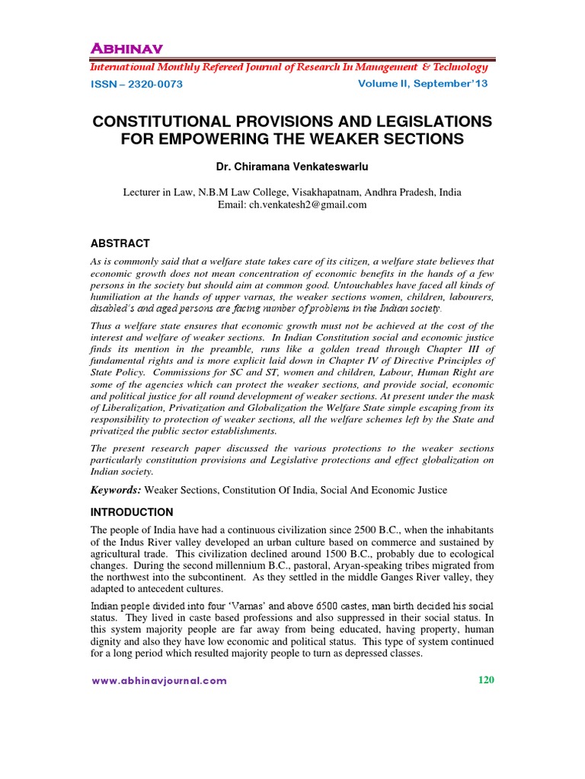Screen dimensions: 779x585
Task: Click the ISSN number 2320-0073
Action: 155,84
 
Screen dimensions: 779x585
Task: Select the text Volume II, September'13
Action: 423,84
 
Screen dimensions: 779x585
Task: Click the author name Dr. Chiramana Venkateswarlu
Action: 292,166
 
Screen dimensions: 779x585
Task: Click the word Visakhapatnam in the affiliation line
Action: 301,192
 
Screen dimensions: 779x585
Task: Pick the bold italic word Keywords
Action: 115,491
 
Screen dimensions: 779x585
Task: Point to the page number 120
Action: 486,680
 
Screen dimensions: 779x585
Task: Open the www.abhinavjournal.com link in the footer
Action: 159,681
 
